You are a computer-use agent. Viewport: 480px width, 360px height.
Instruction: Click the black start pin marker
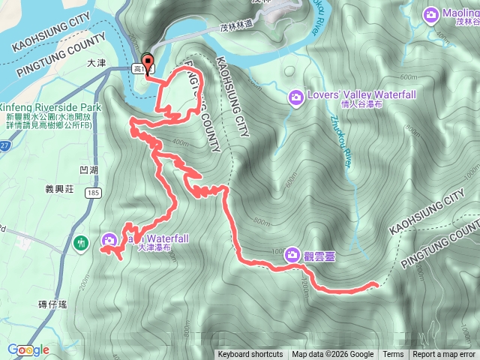pos(148,63)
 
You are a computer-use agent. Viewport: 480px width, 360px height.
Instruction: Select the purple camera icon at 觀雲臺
pos(291,256)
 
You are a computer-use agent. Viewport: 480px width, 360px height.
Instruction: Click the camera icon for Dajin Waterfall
pos(109,240)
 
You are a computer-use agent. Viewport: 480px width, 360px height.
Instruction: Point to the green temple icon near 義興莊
pos(81,242)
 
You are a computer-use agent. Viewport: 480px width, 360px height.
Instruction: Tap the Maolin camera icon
pos(430,14)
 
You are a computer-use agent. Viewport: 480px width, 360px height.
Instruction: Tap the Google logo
pos(28,349)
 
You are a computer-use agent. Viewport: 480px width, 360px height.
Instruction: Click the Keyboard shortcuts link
pos(250,355)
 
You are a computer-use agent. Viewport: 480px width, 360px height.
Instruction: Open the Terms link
pos(393,355)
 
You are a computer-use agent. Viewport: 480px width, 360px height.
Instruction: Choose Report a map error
pos(444,355)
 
